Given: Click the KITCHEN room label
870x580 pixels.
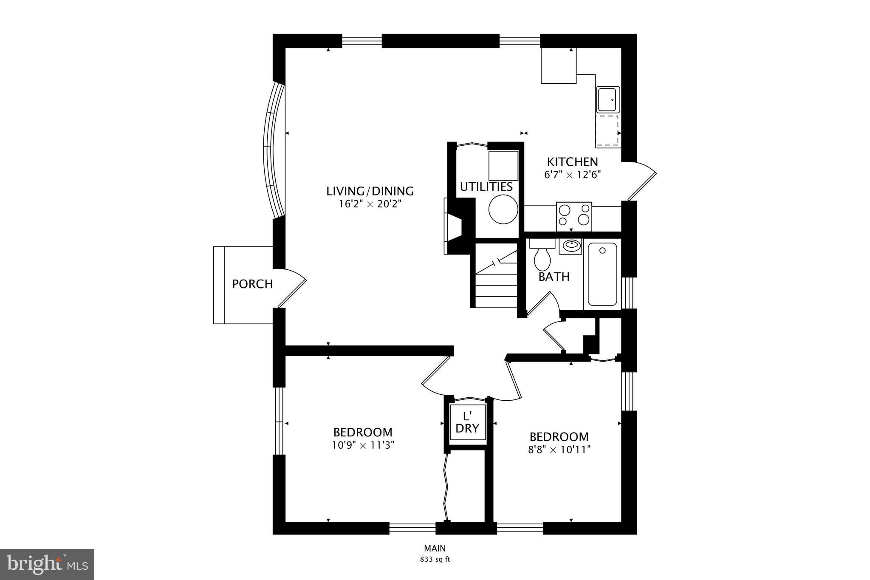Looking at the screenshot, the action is (572, 162).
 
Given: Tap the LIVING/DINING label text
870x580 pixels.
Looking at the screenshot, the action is (370, 191).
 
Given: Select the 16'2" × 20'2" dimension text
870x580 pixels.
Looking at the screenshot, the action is (370, 204).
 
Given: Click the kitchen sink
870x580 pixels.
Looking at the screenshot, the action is (608, 99).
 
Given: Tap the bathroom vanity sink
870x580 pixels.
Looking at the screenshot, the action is (570, 246).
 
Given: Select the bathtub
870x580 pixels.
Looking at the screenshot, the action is (602, 274).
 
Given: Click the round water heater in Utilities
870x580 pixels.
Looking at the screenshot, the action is (503, 209).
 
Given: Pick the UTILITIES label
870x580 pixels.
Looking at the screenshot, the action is (486, 187).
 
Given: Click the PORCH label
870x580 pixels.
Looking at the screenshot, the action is (252, 284).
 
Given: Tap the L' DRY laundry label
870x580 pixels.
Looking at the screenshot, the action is (467, 422).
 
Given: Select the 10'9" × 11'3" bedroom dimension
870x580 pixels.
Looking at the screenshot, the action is (363, 445).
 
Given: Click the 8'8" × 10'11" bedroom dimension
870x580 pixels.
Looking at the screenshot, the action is (559, 450).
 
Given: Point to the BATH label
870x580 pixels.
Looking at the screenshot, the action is (554, 277).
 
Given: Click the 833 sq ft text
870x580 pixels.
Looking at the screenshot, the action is (435, 559).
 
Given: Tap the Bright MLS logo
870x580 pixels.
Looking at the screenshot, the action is (47, 564).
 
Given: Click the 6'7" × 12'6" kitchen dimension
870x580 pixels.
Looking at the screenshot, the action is (573, 175).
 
